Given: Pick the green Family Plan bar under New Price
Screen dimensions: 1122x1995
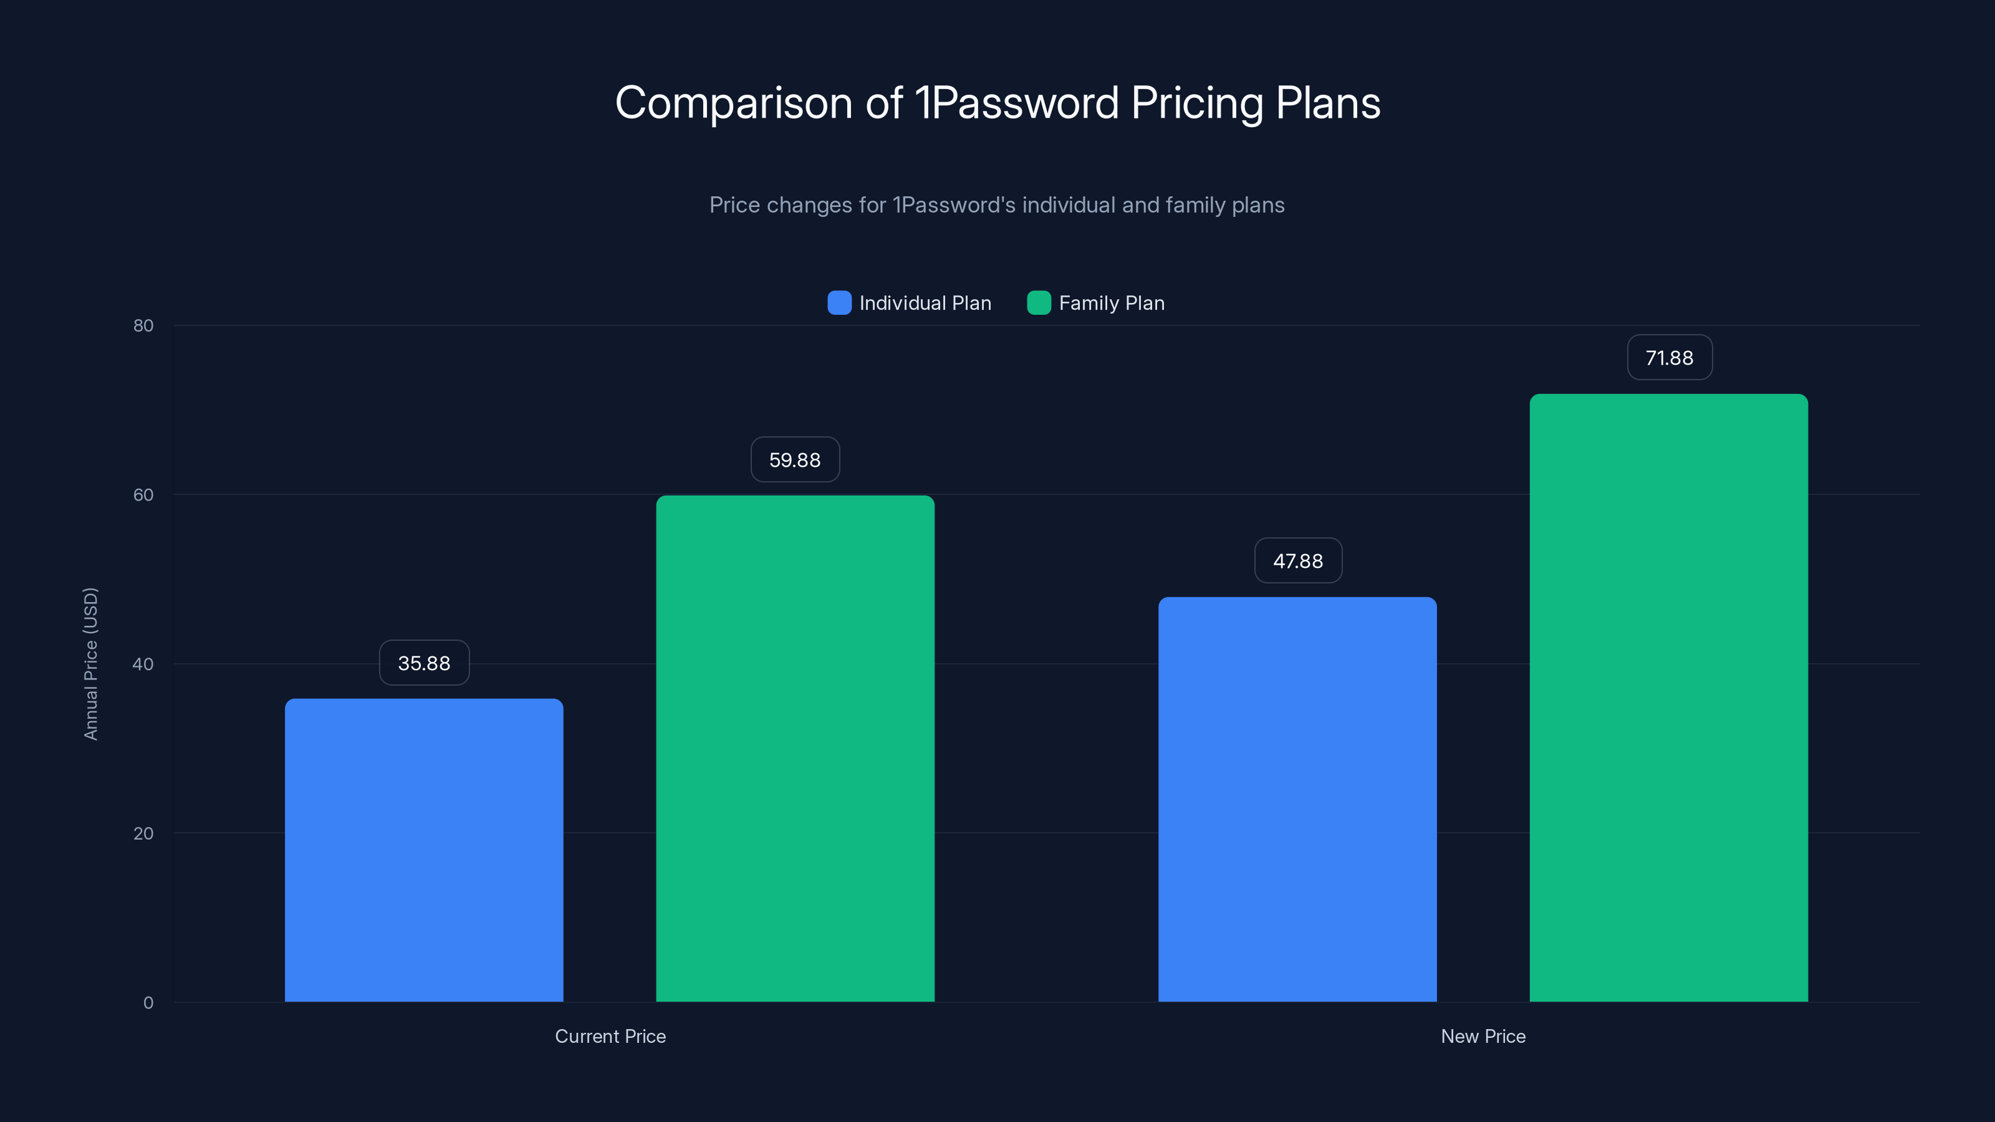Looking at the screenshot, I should click(1668, 697).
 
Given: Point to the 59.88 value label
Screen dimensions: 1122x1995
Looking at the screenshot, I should click(795, 460).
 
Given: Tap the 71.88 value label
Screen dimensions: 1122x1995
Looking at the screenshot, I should click(1669, 358).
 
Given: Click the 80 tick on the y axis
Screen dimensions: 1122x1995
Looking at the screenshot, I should click(143, 325).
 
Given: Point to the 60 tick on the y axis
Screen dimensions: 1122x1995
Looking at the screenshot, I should click(143, 495).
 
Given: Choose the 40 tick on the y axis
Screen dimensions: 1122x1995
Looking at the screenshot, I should click(143, 664).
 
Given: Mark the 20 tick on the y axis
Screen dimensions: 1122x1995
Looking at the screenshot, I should click(143, 833).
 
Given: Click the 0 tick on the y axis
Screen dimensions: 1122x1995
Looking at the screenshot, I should click(148, 1003).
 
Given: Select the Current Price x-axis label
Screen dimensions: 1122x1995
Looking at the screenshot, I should click(610, 1036).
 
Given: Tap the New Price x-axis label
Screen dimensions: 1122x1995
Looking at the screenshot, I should click(1483, 1036).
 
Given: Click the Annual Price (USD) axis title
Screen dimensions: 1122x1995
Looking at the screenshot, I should click(90, 664).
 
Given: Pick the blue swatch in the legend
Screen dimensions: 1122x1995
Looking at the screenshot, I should click(839, 303).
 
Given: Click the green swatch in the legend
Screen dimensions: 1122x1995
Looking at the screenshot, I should click(1038, 303).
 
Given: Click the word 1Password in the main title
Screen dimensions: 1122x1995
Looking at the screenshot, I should click(1016, 103).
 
